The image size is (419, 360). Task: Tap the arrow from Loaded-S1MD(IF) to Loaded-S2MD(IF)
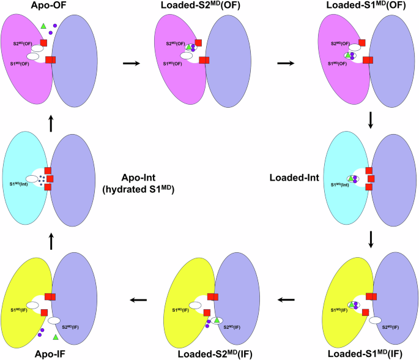tap(286, 299)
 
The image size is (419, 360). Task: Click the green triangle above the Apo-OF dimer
tap(43, 26)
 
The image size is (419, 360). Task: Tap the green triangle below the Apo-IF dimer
tap(55, 337)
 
